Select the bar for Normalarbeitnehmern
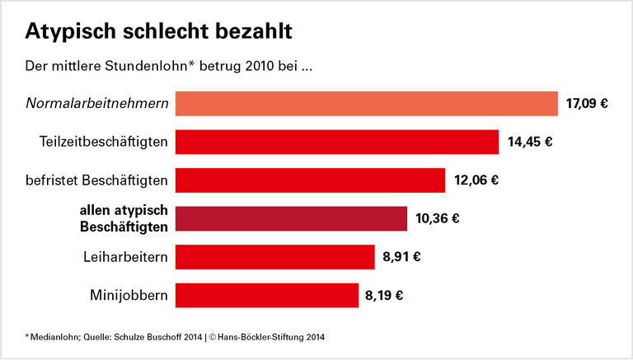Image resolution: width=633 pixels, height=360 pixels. point(367,104)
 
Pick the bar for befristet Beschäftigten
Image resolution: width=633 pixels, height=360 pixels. point(311,180)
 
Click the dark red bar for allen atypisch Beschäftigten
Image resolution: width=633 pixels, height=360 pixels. point(291,218)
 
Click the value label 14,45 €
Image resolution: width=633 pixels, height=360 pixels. point(529,142)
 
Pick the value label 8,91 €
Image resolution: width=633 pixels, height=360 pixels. point(401,256)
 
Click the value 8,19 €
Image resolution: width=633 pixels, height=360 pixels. point(383,294)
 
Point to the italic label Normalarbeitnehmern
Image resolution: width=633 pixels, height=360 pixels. point(96,104)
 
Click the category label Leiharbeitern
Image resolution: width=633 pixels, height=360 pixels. point(125,256)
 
